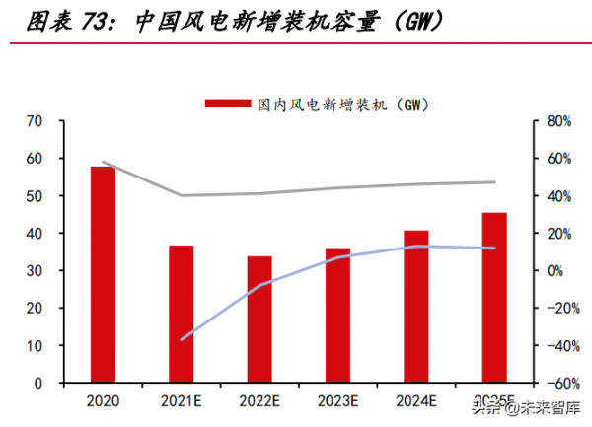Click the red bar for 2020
(103, 274)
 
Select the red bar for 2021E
(182, 314)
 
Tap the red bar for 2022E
(259, 319)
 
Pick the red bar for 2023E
(337, 315)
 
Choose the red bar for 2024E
(416, 306)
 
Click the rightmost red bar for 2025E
(494, 297)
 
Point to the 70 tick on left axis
(36, 121)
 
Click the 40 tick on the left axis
(36, 234)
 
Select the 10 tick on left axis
(36, 346)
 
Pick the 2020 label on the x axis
(103, 400)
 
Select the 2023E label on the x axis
(337, 400)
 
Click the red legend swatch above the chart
(228, 104)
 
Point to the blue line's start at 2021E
(182, 339)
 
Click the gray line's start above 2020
(103, 162)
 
